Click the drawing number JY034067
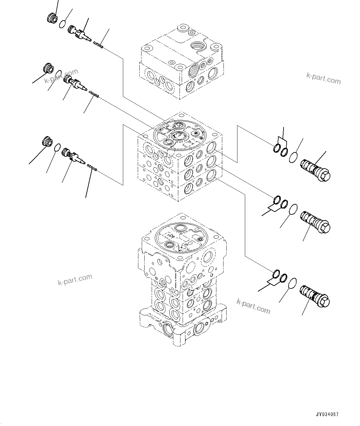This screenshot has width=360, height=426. [327, 414]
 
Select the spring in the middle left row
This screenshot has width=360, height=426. [93, 94]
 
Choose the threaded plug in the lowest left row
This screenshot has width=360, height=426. [47, 142]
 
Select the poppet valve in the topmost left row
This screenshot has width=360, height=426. [79, 33]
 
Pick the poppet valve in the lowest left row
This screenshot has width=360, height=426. [74, 156]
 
